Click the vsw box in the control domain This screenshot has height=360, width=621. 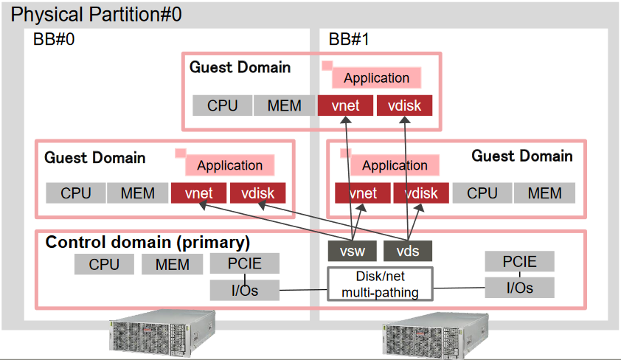(353, 251)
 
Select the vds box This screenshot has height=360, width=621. (408, 251)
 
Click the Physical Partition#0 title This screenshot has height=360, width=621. (97, 13)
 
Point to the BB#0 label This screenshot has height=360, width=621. (54, 40)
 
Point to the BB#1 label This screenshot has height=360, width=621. (348, 40)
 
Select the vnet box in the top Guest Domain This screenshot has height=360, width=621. (345, 105)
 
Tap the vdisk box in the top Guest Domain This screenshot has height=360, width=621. (404, 105)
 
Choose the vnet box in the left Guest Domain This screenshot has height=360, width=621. (198, 193)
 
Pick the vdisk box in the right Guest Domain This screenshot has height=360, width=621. (420, 193)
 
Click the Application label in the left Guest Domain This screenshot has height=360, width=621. (229, 165)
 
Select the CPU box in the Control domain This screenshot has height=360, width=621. (104, 264)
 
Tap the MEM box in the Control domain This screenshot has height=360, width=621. (172, 264)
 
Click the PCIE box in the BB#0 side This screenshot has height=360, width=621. (245, 263)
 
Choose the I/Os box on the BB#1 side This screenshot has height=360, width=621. (519, 288)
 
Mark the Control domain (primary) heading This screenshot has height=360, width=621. (148, 242)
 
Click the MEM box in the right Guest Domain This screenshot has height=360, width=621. (544, 193)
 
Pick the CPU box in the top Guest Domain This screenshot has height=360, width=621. (222, 105)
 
